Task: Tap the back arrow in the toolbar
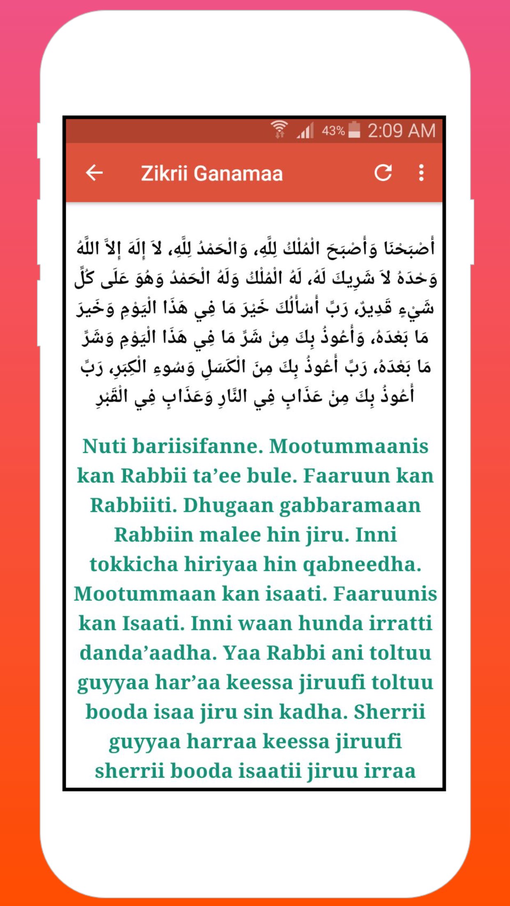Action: [x=94, y=173]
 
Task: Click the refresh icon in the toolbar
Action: [x=383, y=173]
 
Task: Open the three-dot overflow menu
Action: [x=421, y=173]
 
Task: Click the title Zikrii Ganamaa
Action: [x=212, y=174]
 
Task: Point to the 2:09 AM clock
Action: [x=401, y=131]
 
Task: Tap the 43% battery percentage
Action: [x=333, y=131]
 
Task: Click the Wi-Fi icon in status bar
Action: [x=279, y=130]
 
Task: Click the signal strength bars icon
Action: [x=305, y=131]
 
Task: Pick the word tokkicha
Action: [x=133, y=565]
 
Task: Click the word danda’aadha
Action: [x=148, y=653]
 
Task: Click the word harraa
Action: [x=221, y=741]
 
